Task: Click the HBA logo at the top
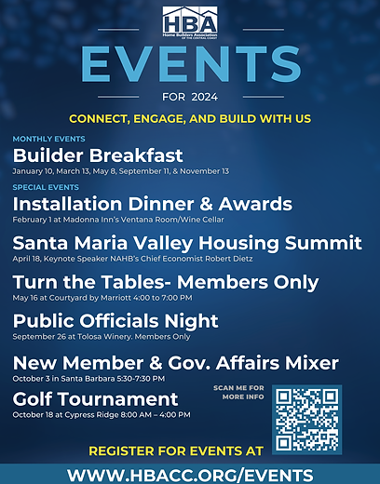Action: [189, 20]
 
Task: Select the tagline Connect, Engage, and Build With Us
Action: [189, 120]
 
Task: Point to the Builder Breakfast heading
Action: [98, 155]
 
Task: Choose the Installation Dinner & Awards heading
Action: [152, 203]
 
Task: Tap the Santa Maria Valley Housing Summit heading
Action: [187, 243]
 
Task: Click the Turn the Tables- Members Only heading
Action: [166, 282]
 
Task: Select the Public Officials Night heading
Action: [115, 321]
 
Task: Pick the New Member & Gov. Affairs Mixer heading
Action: [176, 363]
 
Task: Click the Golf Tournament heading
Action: [95, 400]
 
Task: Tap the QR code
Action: [307, 418]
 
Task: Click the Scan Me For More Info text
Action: [240, 392]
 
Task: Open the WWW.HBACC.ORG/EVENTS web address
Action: [189, 474]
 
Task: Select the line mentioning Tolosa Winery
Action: [96, 338]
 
